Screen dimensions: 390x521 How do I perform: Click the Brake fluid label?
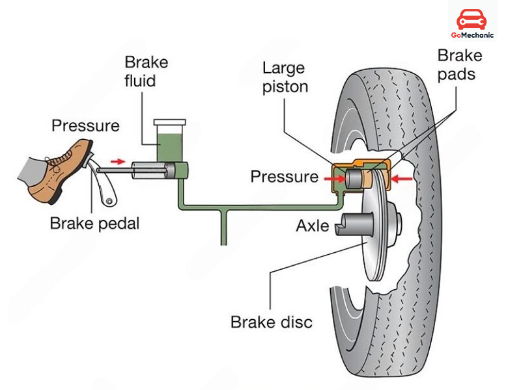[146, 71]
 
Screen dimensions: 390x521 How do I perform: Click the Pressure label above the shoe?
[85, 125]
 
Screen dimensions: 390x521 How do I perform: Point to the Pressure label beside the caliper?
[285, 176]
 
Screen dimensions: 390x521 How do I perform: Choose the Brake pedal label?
[95, 224]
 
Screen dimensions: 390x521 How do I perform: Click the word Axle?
[313, 226]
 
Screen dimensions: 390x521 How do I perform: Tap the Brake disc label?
[272, 322]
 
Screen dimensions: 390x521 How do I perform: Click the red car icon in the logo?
[472, 19]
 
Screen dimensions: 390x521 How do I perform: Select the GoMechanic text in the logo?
[472, 35]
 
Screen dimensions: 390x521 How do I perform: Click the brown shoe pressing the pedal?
[59, 166]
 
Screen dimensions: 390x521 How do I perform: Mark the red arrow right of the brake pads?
[404, 177]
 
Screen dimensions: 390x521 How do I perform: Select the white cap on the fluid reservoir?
[169, 122]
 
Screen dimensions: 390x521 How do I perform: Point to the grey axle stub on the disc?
[352, 225]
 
